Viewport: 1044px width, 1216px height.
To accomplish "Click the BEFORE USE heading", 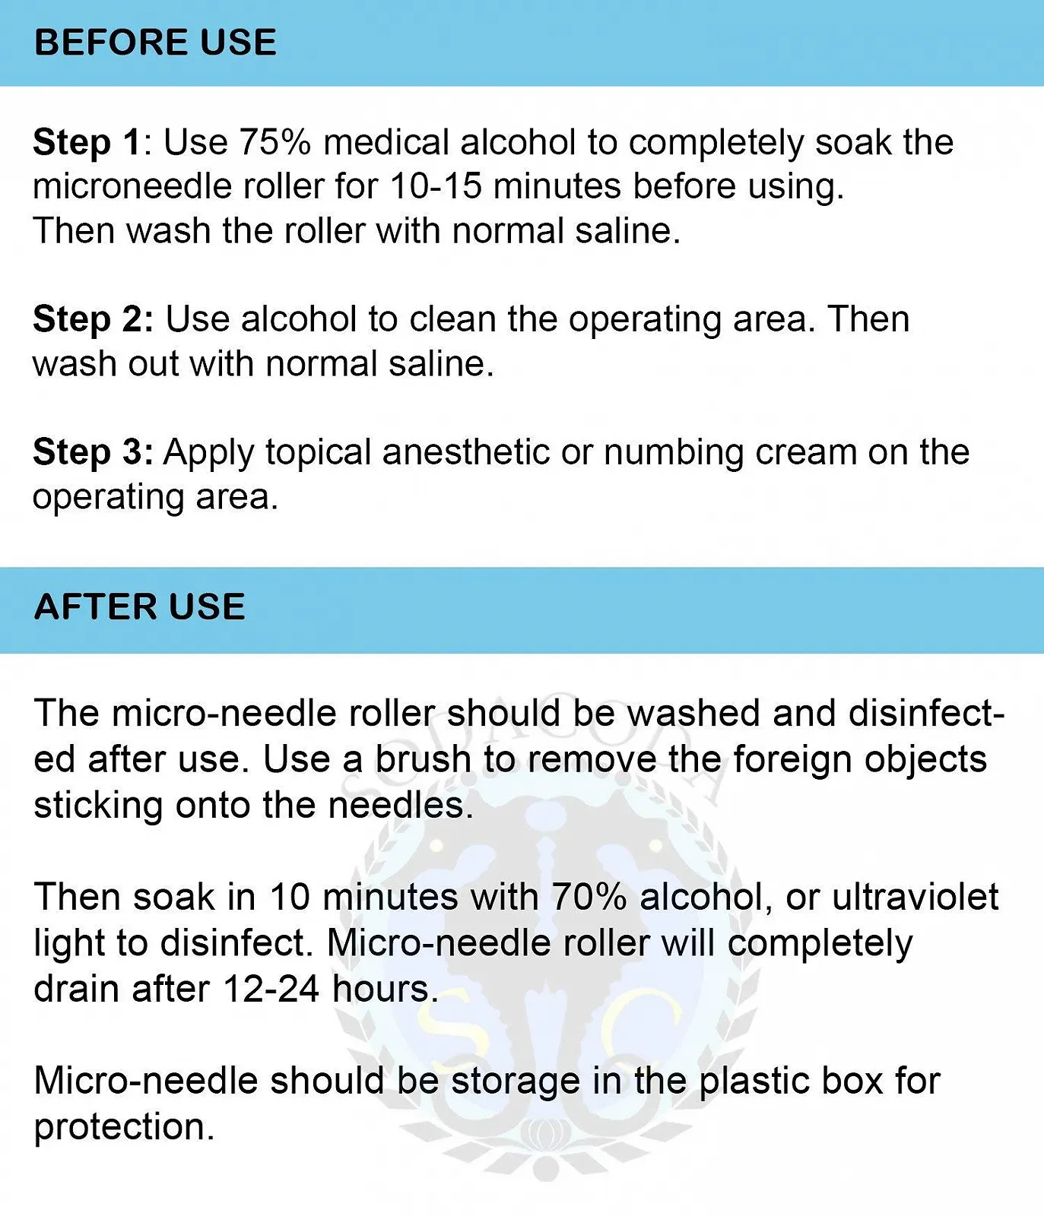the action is [155, 43].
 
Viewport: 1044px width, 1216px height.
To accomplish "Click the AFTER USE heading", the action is [140, 607].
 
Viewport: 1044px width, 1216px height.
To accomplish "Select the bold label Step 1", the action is [87, 144].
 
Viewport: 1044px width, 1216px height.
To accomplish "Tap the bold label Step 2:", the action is [93, 320].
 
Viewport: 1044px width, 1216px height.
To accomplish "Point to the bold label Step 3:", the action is [93, 453].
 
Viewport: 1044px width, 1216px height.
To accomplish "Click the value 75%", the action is [274, 142].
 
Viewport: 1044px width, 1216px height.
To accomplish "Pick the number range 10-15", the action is [436, 186].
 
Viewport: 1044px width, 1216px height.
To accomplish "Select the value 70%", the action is [589, 897].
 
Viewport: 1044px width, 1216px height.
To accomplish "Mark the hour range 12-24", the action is [271, 989].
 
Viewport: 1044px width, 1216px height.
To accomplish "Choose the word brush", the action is [424, 758].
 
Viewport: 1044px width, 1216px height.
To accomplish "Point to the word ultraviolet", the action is [915, 897].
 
